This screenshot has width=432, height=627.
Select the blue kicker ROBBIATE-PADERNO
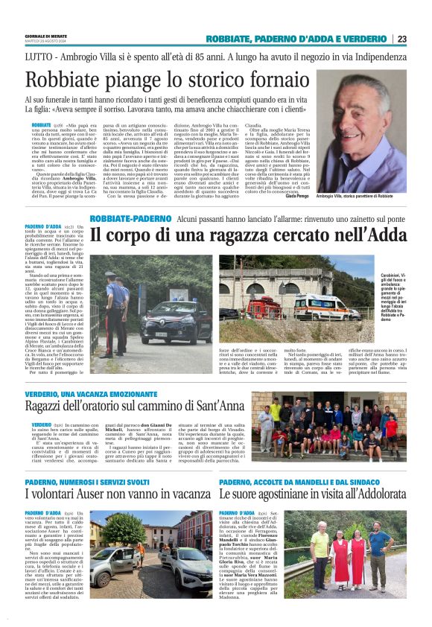click(130, 220)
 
